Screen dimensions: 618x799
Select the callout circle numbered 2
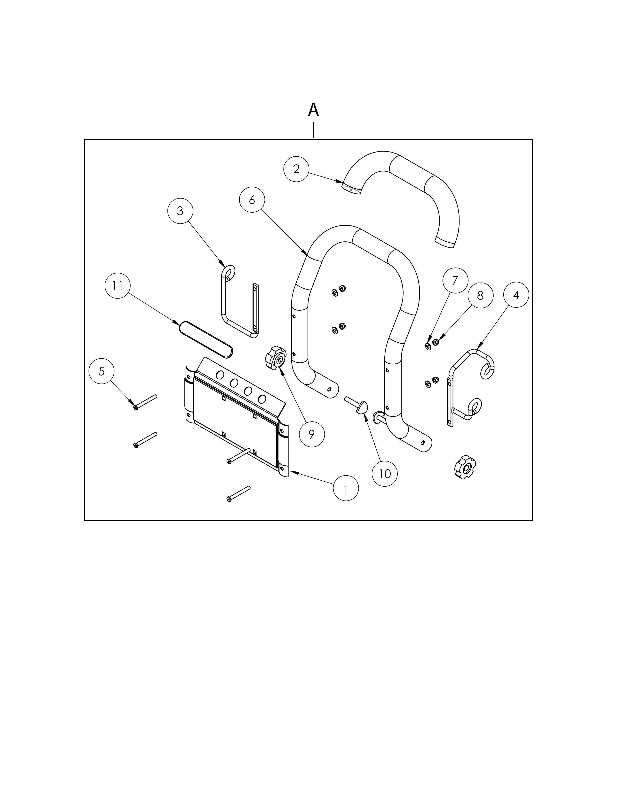(x=296, y=169)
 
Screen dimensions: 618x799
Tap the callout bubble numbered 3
(x=180, y=211)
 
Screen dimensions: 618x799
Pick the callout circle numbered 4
(x=516, y=295)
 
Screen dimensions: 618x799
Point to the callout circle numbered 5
(x=101, y=371)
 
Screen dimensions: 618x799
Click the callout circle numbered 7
(x=455, y=280)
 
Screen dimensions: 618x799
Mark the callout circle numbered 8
(x=480, y=295)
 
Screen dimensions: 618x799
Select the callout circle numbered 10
(x=384, y=474)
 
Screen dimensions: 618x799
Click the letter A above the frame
(x=313, y=110)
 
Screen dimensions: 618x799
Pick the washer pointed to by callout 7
(x=428, y=346)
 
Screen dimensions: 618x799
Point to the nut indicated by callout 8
(x=435, y=342)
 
